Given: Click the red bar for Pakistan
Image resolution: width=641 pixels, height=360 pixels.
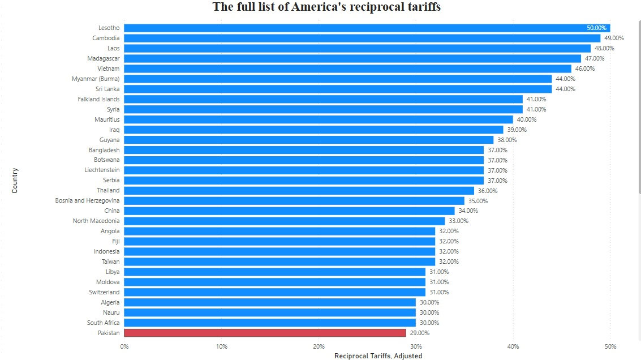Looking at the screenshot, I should tap(265, 333).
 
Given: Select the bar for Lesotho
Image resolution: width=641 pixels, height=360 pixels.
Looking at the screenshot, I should tap(367, 28).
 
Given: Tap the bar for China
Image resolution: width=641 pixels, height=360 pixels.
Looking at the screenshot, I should tap(289, 211).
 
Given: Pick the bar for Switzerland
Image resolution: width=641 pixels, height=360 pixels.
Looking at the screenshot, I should tap(274, 292).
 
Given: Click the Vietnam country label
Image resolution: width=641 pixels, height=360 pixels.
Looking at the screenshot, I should tap(109, 68).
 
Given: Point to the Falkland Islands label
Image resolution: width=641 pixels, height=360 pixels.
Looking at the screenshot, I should tap(98, 99).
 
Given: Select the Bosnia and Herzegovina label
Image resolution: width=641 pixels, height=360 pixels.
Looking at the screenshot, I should tap(87, 200).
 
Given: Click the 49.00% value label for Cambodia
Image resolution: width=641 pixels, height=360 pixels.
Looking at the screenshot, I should tap(614, 38).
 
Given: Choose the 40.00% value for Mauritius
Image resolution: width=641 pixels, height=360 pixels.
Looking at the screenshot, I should tap(526, 119).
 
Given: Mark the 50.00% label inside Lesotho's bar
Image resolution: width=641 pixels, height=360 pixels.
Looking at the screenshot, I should tap(596, 28).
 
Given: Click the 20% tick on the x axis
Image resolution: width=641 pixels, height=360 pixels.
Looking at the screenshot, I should tap(319, 346).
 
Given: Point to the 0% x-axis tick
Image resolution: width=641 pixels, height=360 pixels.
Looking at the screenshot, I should tap(124, 346).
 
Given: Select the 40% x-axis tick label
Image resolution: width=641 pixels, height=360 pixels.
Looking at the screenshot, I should tap(513, 346).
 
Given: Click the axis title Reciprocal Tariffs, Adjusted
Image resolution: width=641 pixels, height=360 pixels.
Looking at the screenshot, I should tap(378, 356).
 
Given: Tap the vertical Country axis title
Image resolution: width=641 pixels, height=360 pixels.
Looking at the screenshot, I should tap(15, 180).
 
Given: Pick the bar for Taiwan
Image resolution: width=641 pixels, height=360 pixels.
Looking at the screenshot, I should tap(279, 262).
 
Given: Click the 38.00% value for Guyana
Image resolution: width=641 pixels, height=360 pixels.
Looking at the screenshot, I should tap(507, 140).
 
